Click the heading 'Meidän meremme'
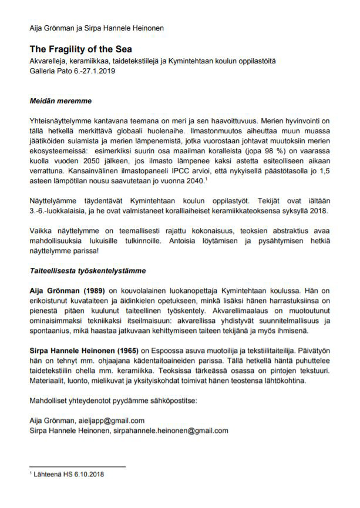click(60, 101)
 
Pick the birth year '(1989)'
click(92, 290)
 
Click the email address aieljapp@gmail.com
click(111, 420)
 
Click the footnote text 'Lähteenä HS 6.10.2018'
click(69, 475)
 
